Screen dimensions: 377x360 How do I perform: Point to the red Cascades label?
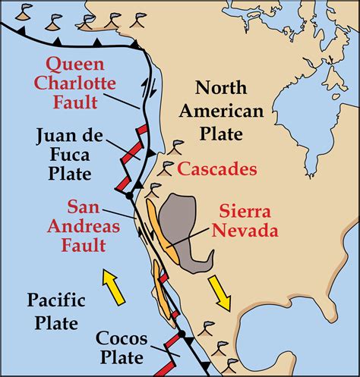tap(218, 169)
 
